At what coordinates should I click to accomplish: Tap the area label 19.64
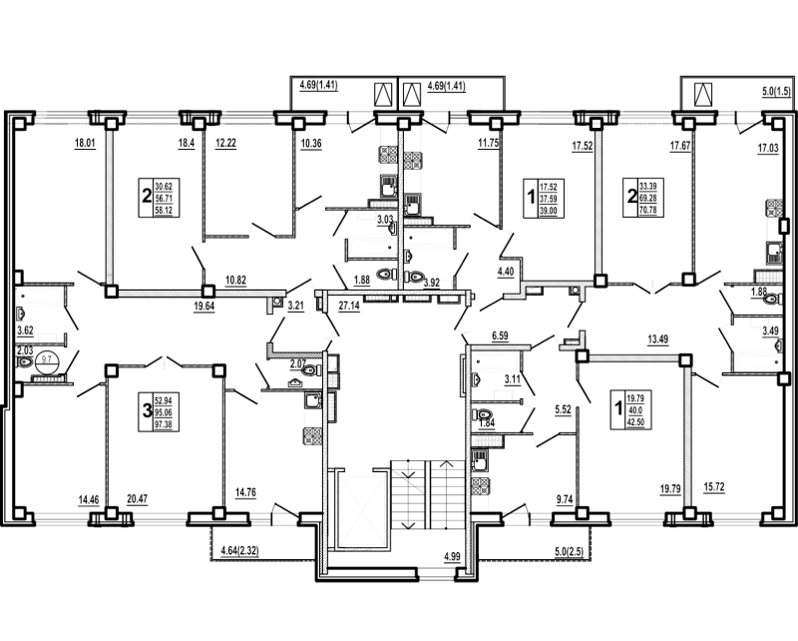(203, 307)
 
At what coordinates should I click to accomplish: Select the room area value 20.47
(138, 491)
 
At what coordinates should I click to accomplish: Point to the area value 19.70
(670, 488)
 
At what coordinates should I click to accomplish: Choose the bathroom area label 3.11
(513, 377)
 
